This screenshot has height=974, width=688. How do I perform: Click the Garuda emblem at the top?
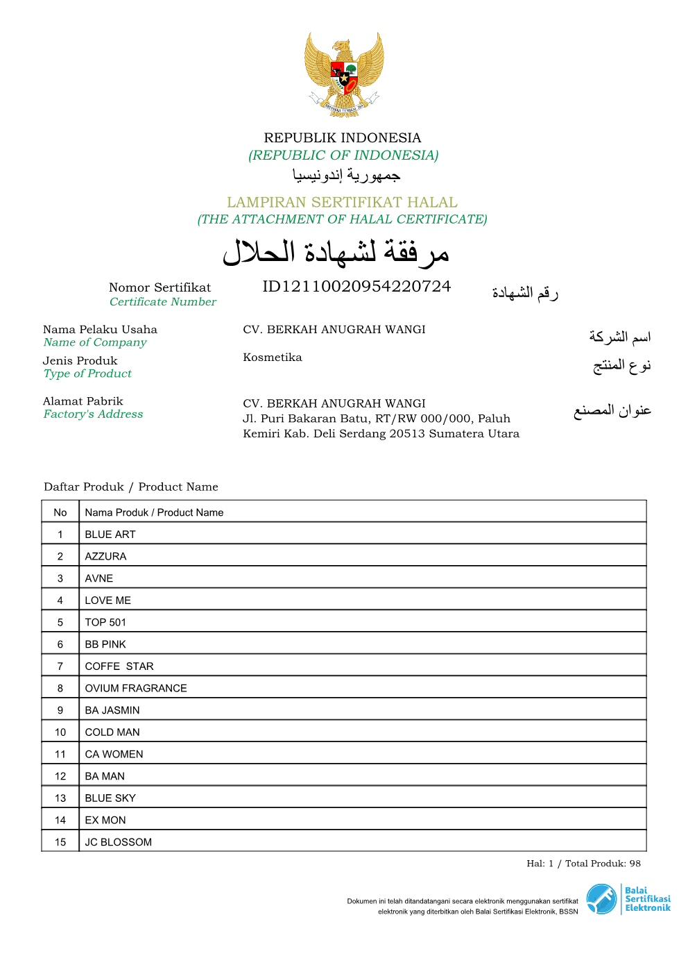pos(344,73)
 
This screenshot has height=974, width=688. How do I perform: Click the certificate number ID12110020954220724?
pos(356,287)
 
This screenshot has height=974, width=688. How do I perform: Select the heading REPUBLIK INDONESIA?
pos(343,137)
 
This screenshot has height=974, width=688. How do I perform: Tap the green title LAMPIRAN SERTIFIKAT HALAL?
pos(342,202)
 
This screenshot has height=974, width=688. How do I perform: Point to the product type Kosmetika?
pos(273,358)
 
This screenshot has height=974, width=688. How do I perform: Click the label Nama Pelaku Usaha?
pos(100,330)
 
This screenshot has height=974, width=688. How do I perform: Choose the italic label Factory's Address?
pos(93,414)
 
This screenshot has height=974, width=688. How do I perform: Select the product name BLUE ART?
pos(110,535)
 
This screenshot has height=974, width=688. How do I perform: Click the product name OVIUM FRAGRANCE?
pos(136,688)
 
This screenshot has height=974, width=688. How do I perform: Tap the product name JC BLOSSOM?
pos(119,842)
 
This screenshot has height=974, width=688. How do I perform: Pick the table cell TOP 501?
pos(105,622)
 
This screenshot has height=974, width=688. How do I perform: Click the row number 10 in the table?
pos(60,732)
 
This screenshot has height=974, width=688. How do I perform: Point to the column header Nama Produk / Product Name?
pos(154,512)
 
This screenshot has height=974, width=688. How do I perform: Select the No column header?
pos(60,512)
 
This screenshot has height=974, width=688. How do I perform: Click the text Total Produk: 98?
pos(603,864)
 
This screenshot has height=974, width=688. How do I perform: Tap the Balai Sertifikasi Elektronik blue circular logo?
pos(601,899)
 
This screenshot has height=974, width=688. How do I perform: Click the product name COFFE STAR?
pos(119,666)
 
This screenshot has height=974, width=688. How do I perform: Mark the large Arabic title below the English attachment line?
pos(336,253)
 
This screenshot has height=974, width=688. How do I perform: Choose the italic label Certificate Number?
pos(163,302)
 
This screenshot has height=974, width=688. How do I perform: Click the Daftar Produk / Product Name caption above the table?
pos(131,487)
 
